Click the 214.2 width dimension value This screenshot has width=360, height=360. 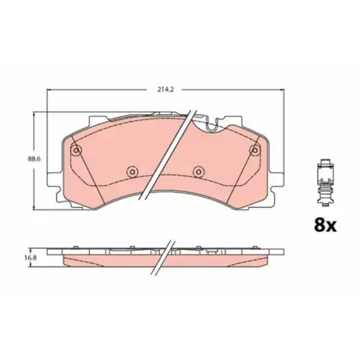coord(166,89)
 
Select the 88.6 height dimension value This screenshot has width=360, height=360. coord(34,160)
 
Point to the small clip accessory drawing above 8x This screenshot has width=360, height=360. coord(325,182)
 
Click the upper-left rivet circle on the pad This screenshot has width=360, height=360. coord(76,151)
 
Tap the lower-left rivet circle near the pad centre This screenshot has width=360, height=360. coord(132,171)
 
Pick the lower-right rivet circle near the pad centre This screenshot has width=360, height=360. coord(198,171)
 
